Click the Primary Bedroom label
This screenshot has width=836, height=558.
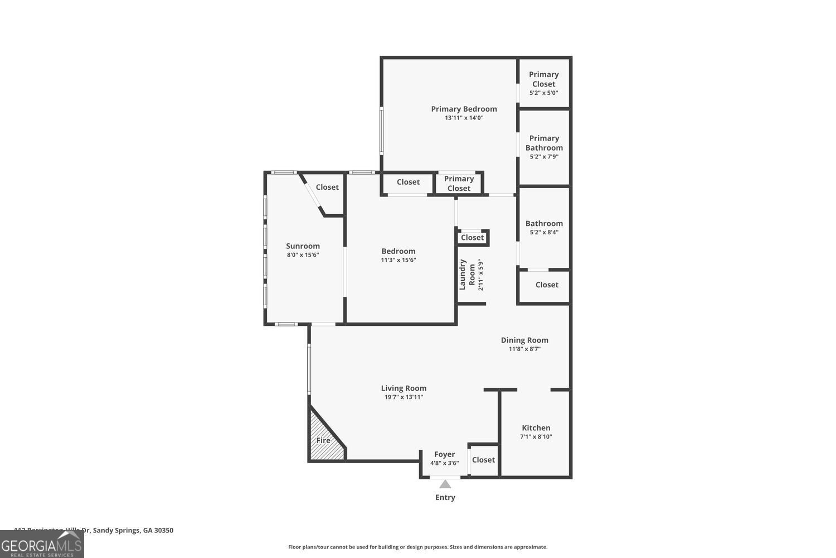coord(464,109)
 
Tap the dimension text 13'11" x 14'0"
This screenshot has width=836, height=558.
coord(464,118)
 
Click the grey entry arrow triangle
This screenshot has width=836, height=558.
coord(445,484)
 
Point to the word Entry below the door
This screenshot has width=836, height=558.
coord(445,497)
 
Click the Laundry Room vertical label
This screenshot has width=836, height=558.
coord(467,275)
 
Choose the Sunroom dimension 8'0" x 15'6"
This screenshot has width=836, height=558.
coord(303,255)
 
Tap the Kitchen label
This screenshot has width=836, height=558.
coord(536,428)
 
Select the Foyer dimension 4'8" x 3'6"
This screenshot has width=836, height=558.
coord(444,463)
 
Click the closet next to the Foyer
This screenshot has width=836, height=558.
coord(483,460)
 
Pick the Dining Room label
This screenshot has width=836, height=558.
coord(524,340)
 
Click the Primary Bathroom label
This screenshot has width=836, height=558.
coord(544,143)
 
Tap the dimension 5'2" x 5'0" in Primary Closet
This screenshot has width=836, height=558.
coord(543,93)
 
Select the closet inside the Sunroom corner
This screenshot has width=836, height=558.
coord(327,187)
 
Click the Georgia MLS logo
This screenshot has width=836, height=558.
coord(42,544)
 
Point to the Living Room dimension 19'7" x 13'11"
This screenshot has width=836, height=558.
coord(404,397)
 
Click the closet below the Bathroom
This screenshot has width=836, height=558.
coord(547,285)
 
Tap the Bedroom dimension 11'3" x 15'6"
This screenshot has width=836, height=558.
coord(398,260)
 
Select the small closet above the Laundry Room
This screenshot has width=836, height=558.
coord(472,238)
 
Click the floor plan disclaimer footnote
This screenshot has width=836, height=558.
coord(417,547)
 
